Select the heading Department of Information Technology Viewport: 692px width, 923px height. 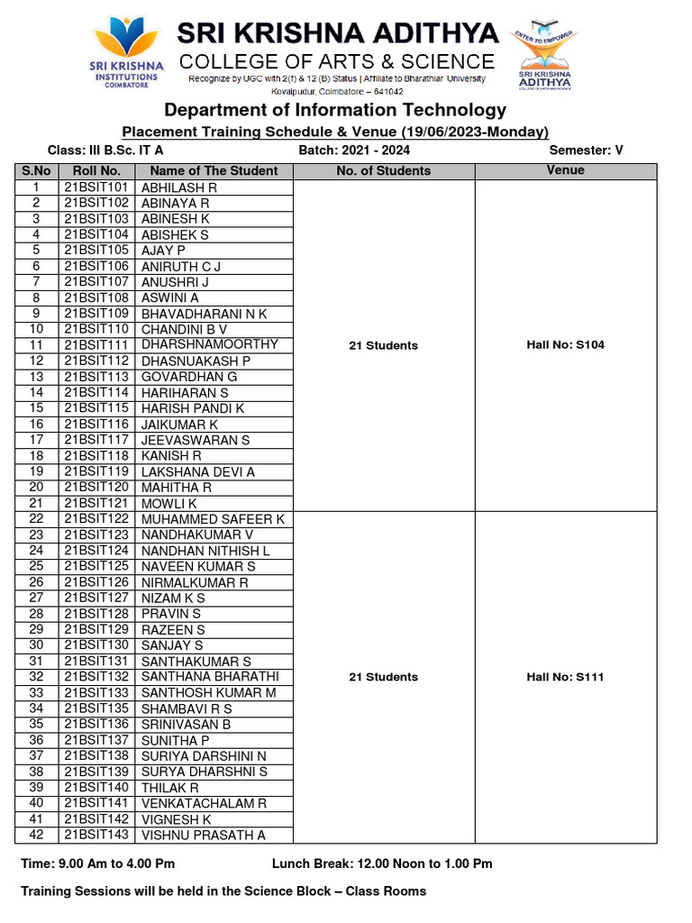pos(335,110)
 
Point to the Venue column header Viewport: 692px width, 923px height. pos(565,170)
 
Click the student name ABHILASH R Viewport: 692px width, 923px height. pos(178,187)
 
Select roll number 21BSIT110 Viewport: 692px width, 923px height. pos(97,329)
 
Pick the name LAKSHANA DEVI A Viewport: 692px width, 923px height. pos(198,471)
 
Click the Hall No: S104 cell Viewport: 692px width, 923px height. pos(565,345)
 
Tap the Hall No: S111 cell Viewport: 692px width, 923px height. pos(565,677)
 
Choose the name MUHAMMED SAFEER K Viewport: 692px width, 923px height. pos(213,519)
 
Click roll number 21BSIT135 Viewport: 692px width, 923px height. pos(97,708)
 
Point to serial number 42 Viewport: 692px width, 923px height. pos(36,835)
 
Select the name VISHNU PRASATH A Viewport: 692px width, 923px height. pos(204,835)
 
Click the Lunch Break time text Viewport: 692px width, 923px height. pos(382,864)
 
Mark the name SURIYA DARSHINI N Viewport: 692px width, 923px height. pos(204,755)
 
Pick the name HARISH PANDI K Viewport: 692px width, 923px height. pos(193,408)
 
